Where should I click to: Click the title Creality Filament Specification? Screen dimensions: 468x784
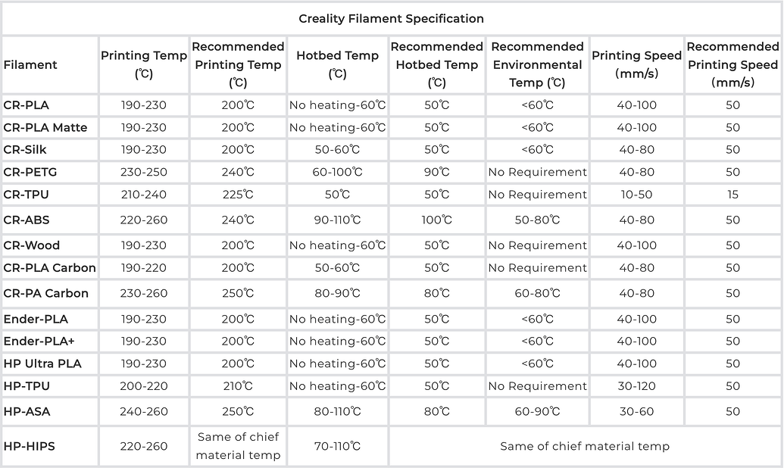point(391,18)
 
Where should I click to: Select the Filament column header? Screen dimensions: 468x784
point(30,65)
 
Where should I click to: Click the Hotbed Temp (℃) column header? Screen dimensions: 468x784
point(337,64)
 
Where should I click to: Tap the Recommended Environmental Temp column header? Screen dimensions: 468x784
point(537,64)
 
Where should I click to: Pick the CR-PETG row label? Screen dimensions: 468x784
point(30,172)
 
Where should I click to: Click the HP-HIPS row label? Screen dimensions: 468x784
point(30,446)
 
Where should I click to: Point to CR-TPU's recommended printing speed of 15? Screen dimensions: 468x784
point(732,195)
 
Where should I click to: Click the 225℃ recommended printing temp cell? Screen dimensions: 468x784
point(238,195)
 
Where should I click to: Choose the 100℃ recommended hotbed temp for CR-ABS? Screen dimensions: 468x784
point(436,220)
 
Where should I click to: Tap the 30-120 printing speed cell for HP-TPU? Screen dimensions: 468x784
point(636,386)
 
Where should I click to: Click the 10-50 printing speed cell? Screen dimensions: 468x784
point(636,195)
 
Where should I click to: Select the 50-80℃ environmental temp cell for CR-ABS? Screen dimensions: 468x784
point(537,220)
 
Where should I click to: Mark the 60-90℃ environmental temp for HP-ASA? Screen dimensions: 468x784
point(537,412)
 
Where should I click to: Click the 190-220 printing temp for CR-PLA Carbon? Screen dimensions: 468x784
point(144,268)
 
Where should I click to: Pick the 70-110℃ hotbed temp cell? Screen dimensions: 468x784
point(337,446)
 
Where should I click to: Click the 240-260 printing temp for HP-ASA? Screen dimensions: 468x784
point(144,412)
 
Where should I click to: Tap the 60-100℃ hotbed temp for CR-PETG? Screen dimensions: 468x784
point(337,172)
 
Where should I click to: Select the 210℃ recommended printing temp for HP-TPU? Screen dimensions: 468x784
point(238,386)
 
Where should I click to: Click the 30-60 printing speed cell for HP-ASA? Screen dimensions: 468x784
point(636,412)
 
